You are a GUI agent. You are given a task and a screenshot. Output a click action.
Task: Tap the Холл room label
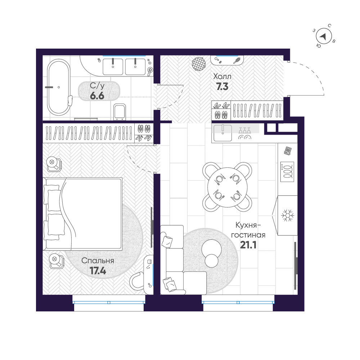click(222, 77)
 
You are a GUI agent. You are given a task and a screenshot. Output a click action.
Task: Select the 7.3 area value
click(222, 86)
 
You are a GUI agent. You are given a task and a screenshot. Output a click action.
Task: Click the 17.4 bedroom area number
click(98, 271)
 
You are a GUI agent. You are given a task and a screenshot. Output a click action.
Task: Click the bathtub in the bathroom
click(58, 87)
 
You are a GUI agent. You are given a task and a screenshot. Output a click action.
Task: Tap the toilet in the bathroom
click(119, 112)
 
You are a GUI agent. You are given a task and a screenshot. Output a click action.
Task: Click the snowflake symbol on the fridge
click(287, 216)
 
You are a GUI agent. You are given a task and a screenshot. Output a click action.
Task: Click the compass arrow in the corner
click(323, 36)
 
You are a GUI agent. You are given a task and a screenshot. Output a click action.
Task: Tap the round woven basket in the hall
click(199, 64)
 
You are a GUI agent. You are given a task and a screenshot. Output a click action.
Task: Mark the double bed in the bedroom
click(84, 213)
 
